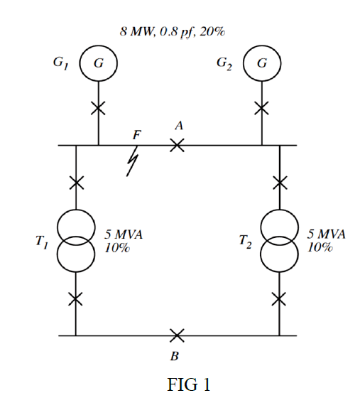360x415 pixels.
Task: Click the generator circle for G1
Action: (x=98, y=63)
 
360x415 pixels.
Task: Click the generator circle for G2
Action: (x=262, y=63)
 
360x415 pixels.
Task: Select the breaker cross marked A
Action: (x=178, y=145)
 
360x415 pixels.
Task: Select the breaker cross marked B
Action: (x=178, y=335)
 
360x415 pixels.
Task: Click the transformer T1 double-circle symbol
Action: (x=76, y=239)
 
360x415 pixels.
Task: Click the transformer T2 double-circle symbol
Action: (x=280, y=241)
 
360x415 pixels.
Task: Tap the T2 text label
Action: (x=246, y=242)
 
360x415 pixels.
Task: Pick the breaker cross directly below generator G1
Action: (x=98, y=109)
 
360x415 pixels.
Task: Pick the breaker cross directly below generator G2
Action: (x=262, y=109)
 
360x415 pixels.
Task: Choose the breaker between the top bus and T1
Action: (x=76, y=184)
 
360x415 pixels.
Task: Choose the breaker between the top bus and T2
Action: (x=280, y=184)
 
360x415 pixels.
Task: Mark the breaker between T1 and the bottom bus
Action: (x=76, y=299)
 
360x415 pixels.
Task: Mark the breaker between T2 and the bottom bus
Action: (x=280, y=299)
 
